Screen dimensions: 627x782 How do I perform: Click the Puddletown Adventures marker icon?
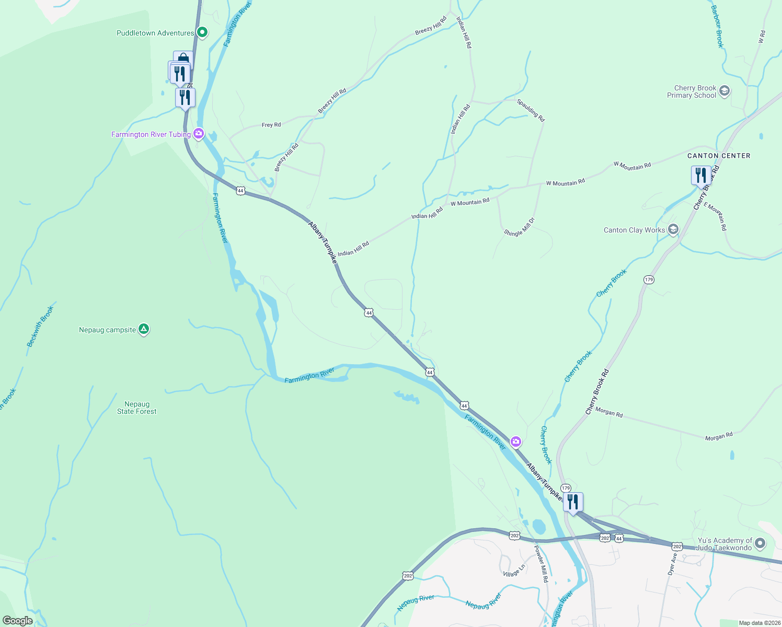tap(202, 33)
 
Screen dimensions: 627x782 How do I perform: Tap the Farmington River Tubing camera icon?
tap(199, 134)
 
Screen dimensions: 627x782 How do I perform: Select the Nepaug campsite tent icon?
tap(144, 329)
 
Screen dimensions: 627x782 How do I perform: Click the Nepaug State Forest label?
tap(137, 408)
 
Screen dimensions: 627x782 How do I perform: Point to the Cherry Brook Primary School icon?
tap(724, 91)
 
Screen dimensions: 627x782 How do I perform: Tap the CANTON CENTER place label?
tap(719, 156)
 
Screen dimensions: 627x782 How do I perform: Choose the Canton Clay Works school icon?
tap(673, 229)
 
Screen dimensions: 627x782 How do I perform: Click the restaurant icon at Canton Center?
tap(700, 176)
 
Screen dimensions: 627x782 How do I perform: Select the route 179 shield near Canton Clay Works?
tap(649, 280)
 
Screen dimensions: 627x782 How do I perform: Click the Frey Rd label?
tap(271, 125)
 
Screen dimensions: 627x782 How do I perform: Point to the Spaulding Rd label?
tap(531, 110)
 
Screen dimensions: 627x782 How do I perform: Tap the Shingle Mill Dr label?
tap(520, 227)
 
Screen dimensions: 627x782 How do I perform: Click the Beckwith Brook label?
tap(40, 327)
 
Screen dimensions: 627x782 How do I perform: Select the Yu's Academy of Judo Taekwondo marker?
tap(760, 543)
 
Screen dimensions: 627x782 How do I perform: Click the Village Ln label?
tap(514, 571)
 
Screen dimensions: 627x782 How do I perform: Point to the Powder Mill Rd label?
tap(540, 564)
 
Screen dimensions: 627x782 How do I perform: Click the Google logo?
tap(17, 621)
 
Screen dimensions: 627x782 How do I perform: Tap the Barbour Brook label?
tap(717, 27)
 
